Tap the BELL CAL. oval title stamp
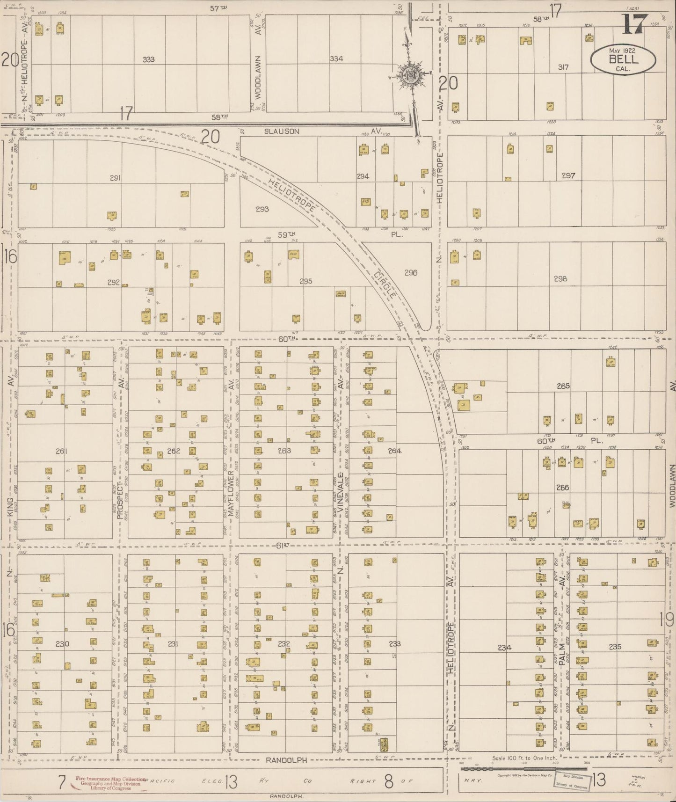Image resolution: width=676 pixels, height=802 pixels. click(623, 60)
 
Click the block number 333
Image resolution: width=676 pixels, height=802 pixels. click(149, 59)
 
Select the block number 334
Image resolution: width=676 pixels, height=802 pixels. click(336, 58)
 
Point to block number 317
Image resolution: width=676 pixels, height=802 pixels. click(563, 67)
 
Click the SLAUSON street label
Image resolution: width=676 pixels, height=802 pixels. click(281, 131)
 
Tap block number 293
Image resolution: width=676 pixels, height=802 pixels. click(262, 209)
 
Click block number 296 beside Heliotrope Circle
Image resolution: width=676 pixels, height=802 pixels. click(411, 272)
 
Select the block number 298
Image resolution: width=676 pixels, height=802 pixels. click(560, 278)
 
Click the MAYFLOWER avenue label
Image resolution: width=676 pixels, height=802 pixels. click(231, 496)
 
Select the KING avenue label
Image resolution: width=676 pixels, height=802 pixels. click(10, 506)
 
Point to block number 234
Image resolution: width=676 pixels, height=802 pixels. click(504, 648)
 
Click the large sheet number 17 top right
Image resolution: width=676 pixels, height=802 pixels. click(634, 23)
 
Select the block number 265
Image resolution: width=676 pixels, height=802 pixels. click(563, 386)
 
